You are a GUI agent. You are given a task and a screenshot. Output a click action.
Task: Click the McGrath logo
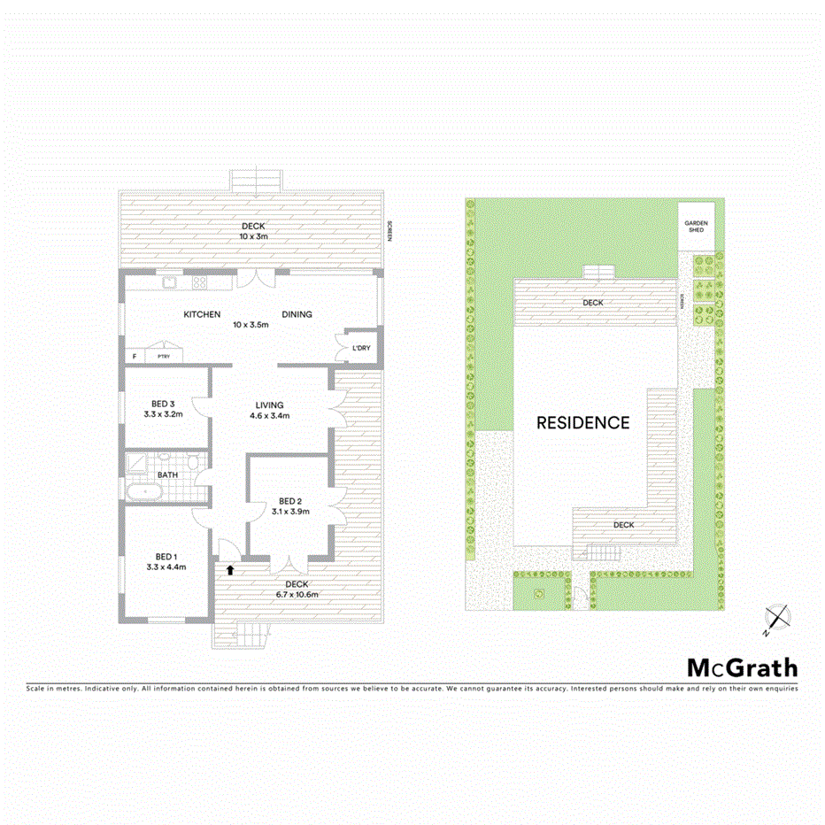click(x=743, y=667)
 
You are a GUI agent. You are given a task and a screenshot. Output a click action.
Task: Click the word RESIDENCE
click(x=583, y=423)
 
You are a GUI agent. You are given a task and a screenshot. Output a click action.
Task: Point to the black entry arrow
click(x=230, y=570)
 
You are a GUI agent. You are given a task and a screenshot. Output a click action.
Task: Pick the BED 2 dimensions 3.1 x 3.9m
click(x=290, y=513)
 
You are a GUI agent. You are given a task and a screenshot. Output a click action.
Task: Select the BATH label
click(x=167, y=474)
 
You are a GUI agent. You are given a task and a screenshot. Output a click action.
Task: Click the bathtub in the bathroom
click(x=143, y=492)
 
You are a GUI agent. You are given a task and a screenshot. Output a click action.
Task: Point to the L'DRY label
click(x=361, y=348)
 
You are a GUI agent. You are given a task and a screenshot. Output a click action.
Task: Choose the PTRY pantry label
click(x=163, y=356)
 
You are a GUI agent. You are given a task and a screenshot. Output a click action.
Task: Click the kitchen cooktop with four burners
click(x=200, y=283)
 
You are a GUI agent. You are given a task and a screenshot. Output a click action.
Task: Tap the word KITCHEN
click(x=201, y=314)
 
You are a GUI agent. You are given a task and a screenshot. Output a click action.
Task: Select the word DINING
click(x=297, y=314)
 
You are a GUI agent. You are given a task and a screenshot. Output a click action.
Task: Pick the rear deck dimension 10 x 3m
click(x=253, y=236)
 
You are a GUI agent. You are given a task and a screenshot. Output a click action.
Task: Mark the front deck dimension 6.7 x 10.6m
click(x=297, y=595)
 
